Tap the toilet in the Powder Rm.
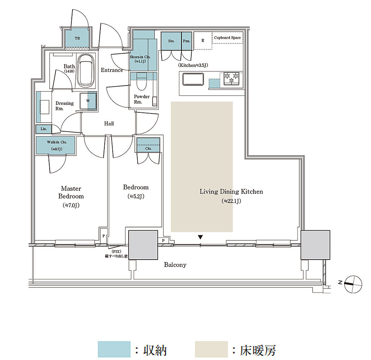(x=142, y=81)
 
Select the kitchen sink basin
(x=193, y=79)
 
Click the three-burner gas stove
(x=232, y=78)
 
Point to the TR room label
(x=77, y=38)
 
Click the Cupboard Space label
(x=227, y=38)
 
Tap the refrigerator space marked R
(x=203, y=41)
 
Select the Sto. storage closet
(x=171, y=41)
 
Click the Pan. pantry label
(x=187, y=41)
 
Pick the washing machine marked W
(x=88, y=101)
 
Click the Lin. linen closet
(x=43, y=129)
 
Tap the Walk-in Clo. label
(x=57, y=142)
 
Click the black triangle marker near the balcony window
(x=200, y=237)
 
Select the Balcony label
(x=175, y=265)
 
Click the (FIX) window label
(x=116, y=252)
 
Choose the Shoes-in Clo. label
(x=140, y=57)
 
